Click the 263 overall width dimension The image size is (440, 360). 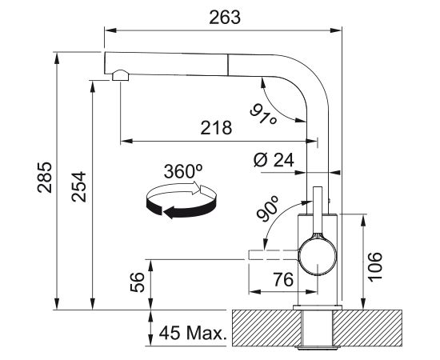pos(225,18)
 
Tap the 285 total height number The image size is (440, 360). pos(45,178)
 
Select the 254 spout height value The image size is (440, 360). pos(78,186)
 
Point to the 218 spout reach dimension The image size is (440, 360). pos(216,128)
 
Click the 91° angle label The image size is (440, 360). pos(263,114)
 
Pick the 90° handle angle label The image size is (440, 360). pos(268,209)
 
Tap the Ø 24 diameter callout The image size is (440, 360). pos(274,160)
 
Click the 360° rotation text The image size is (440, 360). pos(183,171)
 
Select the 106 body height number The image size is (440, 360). pos(375,266)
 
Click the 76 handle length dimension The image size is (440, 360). pos(283,279)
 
